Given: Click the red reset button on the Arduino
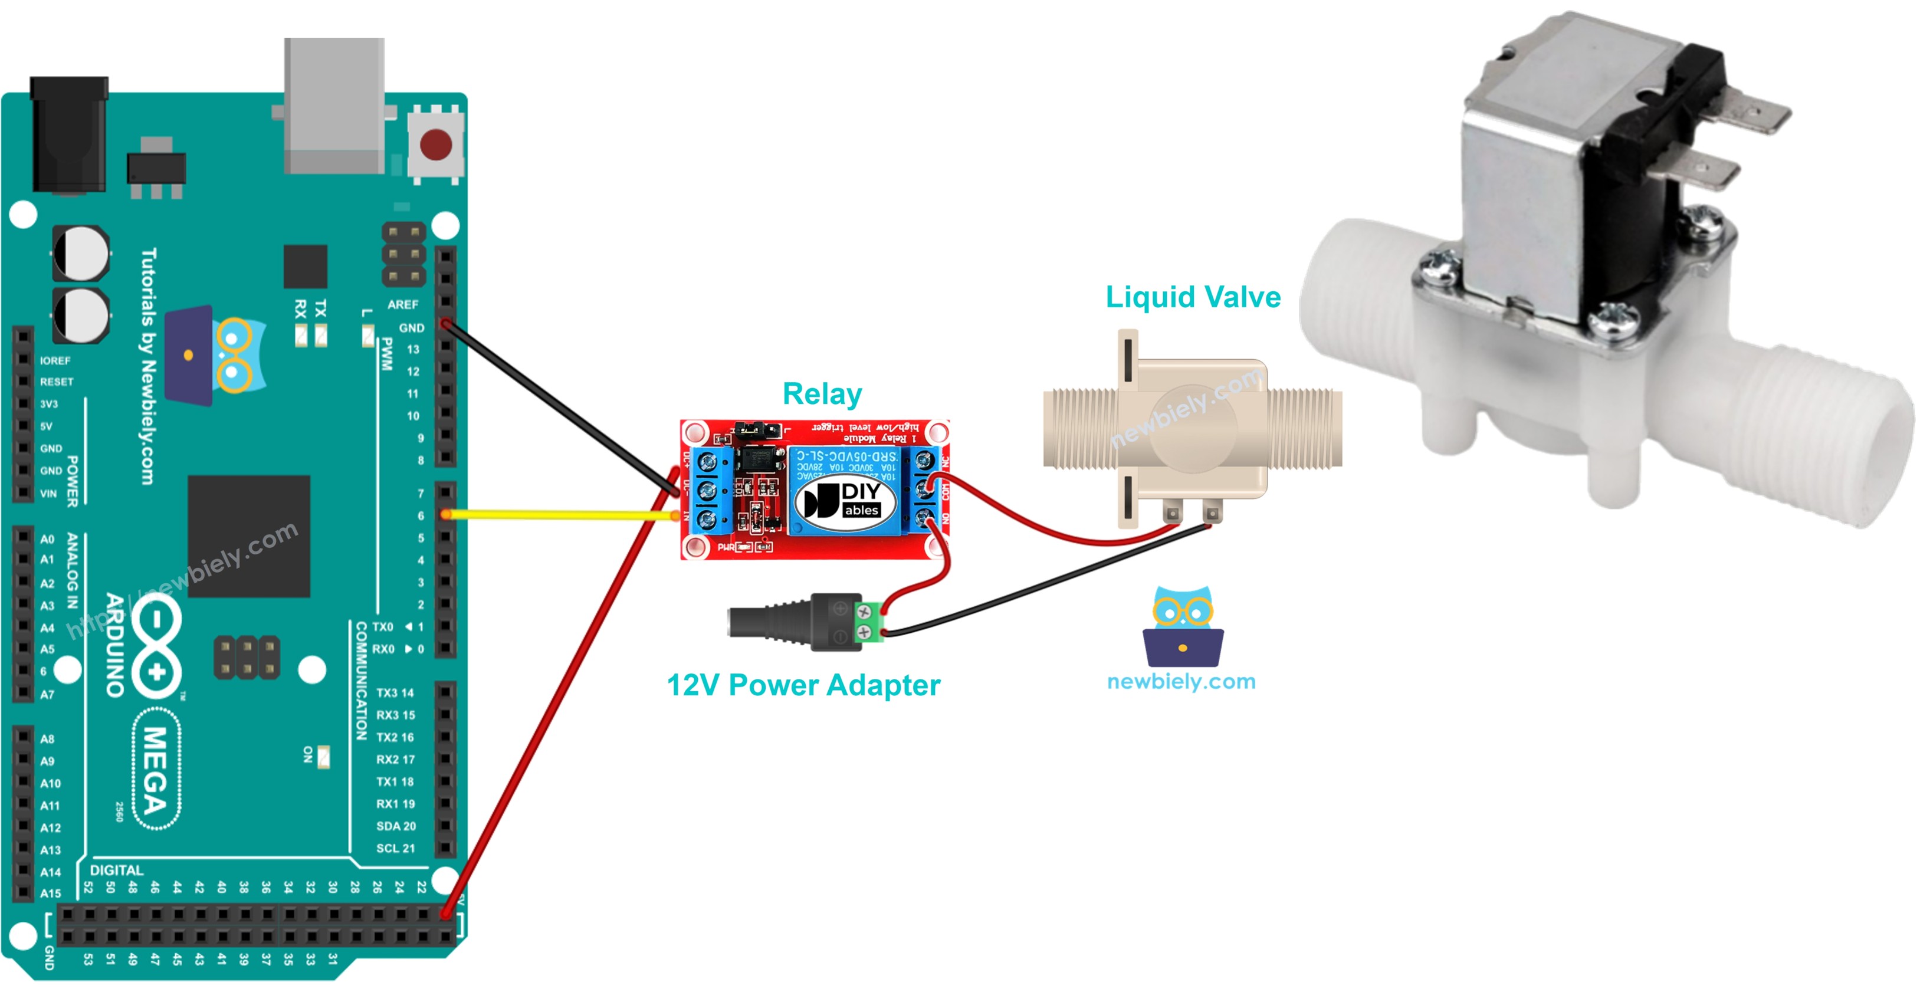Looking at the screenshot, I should point(436,144).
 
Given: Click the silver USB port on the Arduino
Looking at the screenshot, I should point(334,104).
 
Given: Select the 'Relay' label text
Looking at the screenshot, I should point(822,393).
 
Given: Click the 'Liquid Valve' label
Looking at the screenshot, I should point(1193,297).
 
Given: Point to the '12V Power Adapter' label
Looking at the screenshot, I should point(803,685).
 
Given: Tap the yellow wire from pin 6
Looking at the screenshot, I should point(559,514).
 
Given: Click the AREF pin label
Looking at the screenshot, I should point(402,304).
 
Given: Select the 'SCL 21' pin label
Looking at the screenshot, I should point(396,848).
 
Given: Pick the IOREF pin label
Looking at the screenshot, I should point(55,361).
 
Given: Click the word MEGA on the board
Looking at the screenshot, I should point(156,770).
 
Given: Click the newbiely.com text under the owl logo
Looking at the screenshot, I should point(1181,681).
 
